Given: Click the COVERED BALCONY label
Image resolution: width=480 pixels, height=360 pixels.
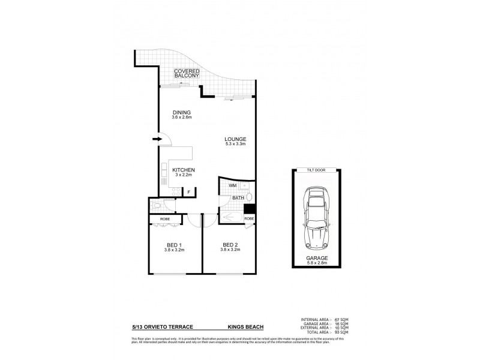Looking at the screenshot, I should click(x=187, y=74).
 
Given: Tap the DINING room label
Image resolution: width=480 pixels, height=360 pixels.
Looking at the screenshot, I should click(x=181, y=112).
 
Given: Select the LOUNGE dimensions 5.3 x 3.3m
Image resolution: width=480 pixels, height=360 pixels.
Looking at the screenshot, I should click(x=235, y=145).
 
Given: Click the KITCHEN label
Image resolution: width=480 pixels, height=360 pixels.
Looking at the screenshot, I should click(x=184, y=171).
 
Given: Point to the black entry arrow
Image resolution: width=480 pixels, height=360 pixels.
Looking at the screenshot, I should click(x=157, y=139).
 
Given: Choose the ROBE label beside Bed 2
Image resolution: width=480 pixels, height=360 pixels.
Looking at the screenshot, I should click(x=248, y=219).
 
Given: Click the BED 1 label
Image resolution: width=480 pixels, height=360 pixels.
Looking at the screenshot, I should click(x=175, y=245).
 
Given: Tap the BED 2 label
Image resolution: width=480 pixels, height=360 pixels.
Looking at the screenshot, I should click(x=231, y=245).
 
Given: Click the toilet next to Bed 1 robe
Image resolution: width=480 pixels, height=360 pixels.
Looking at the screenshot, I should click(x=157, y=205).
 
